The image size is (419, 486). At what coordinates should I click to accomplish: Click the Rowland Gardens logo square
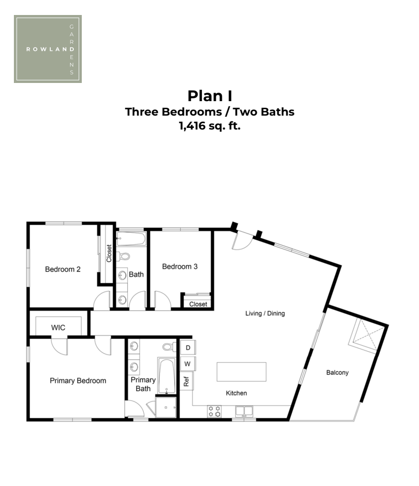click(x=48, y=49)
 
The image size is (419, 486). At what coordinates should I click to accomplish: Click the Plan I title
click(x=210, y=96)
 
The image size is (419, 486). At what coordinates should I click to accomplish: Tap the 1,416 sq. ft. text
click(x=210, y=126)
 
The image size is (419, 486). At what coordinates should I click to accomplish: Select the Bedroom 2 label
click(x=63, y=269)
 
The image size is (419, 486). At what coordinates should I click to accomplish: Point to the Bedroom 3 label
click(x=180, y=267)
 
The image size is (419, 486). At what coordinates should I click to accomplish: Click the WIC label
click(x=58, y=328)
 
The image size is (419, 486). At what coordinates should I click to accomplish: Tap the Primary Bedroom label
click(x=78, y=381)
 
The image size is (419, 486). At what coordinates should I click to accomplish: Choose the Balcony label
click(x=337, y=373)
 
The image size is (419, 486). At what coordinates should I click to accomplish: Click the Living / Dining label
click(x=265, y=313)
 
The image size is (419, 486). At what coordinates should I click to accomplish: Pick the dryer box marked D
click(x=188, y=348)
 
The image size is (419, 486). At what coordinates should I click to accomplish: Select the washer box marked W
click(x=188, y=363)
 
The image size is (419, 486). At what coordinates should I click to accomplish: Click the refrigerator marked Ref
click(x=187, y=381)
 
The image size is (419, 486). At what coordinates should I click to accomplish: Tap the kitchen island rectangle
click(x=242, y=371)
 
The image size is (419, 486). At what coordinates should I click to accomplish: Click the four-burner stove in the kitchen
click(x=214, y=411)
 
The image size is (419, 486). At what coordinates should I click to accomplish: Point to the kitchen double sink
click(x=244, y=411)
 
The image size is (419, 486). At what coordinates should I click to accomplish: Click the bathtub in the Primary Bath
click(x=167, y=376)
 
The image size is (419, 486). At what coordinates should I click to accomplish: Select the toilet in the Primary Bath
click(x=169, y=346)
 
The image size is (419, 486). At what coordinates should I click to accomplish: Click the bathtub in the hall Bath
click(x=131, y=239)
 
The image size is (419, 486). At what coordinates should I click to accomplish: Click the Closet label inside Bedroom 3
click(x=198, y=305)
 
